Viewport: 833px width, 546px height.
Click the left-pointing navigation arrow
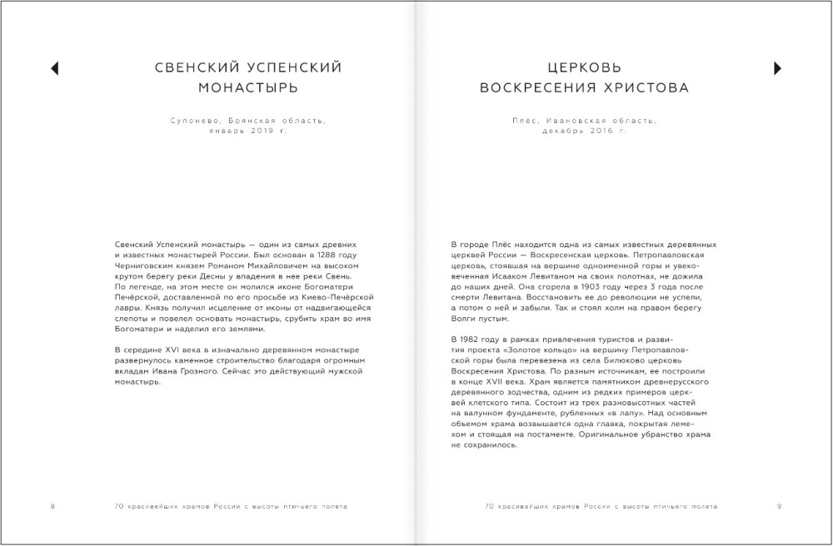54,67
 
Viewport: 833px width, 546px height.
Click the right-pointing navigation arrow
776,67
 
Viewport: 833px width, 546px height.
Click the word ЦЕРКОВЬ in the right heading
582,67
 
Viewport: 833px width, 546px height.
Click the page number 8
52,506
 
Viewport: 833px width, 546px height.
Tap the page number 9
779,506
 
